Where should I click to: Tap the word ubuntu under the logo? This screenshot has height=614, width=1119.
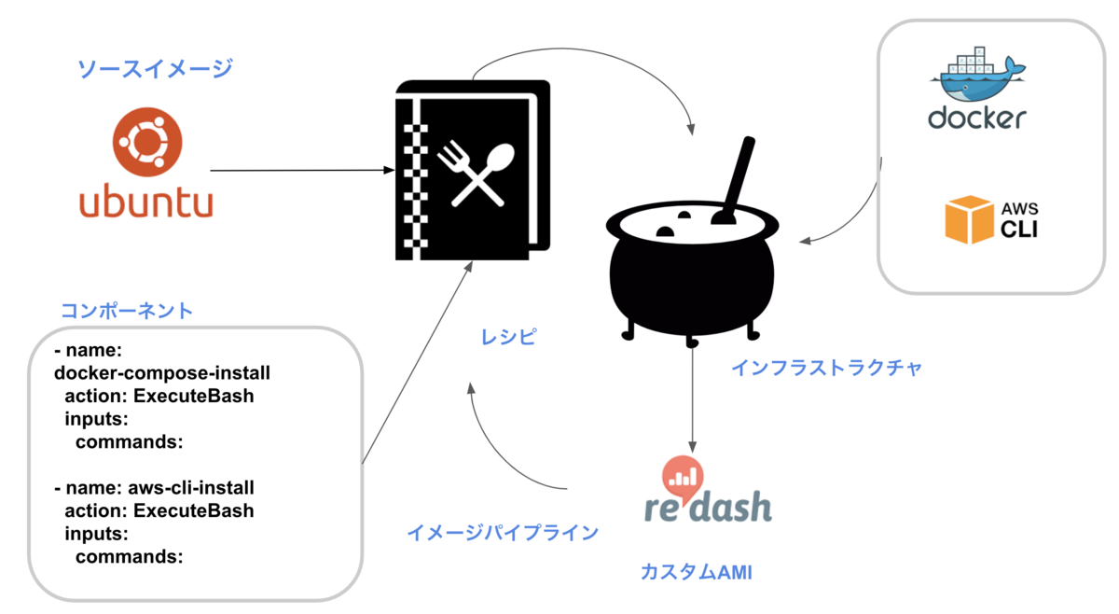click(146, 202)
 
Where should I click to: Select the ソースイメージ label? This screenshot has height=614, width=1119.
click(155, 68)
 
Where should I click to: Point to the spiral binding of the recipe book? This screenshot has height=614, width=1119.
click(408, 174)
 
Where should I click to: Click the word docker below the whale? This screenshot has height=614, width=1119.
click(976, 118)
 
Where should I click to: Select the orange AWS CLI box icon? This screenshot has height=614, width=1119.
click(969, 219)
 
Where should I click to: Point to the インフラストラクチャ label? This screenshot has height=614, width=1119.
click(826, 368)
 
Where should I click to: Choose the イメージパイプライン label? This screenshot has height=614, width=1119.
click(502, 533)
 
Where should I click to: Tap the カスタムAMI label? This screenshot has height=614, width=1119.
click(696, 572)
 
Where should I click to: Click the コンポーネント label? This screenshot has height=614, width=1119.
click(126, 311)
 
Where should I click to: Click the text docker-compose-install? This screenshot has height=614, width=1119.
click(162, 373)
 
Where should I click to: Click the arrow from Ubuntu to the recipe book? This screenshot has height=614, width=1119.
click(298, 171)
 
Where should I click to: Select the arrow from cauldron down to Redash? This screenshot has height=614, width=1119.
click(692, 397)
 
